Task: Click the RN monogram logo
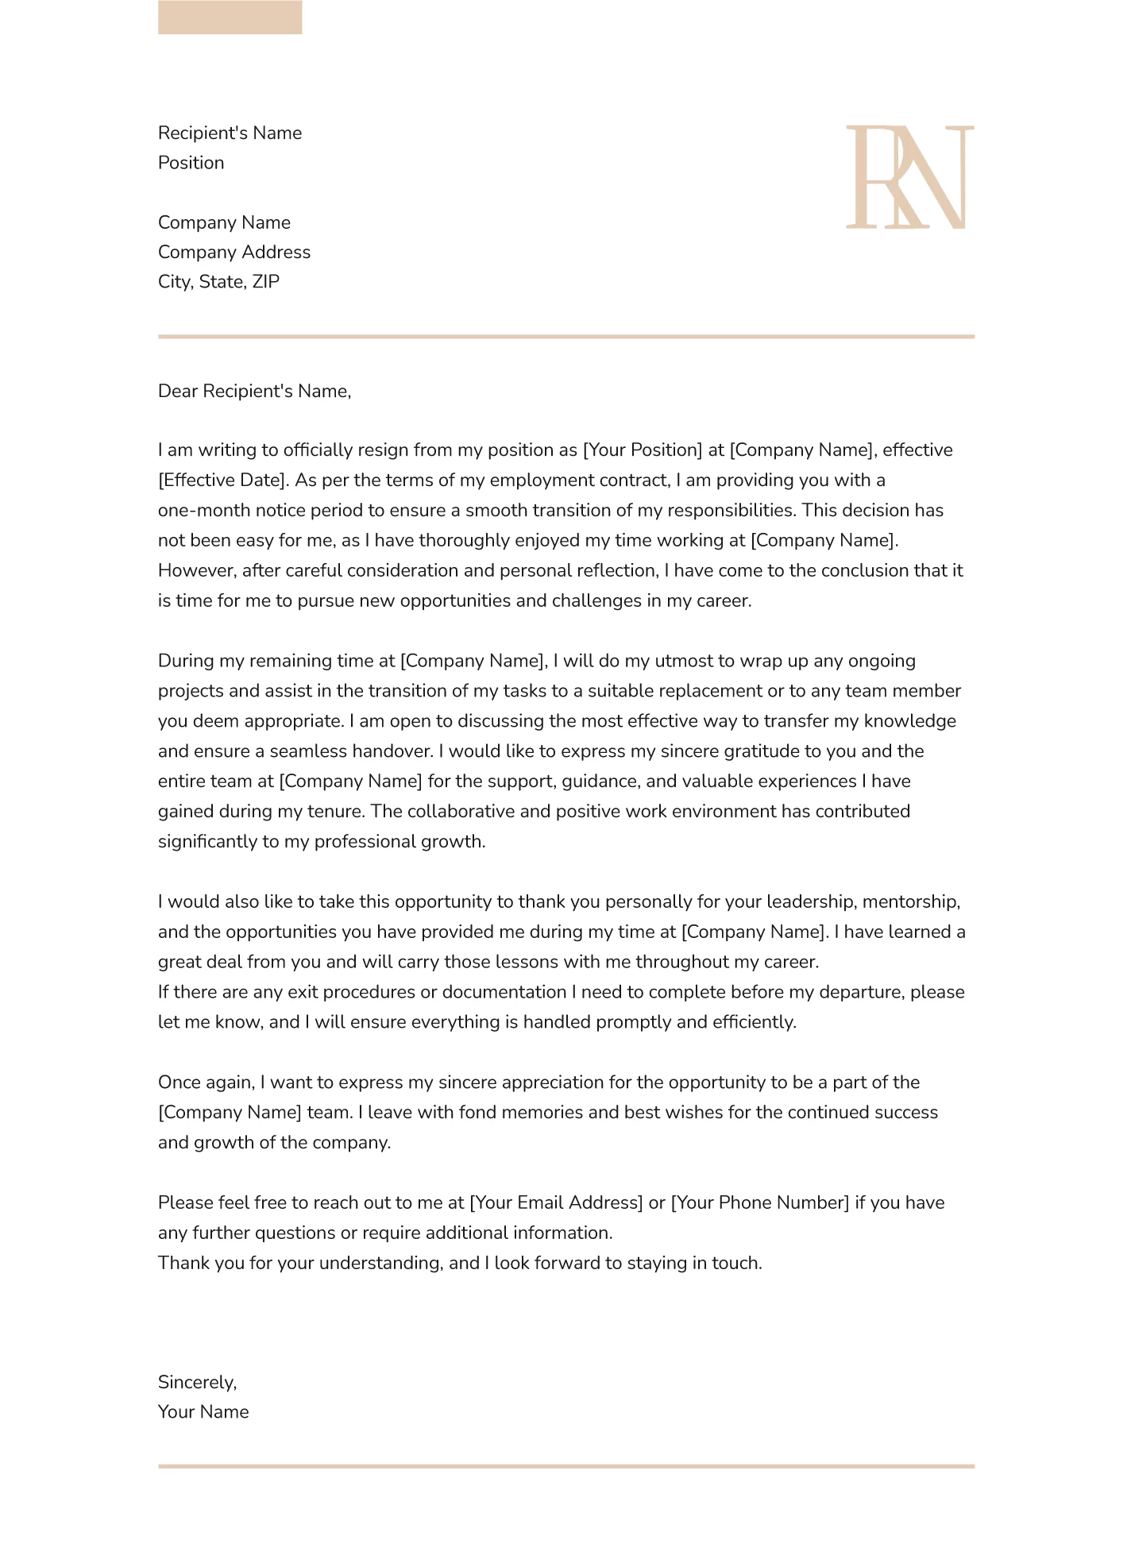[x=909, y=177]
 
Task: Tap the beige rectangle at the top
[x=230, y=17]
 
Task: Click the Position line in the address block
[x=191, y=163]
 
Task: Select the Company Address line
[x=234, y=252]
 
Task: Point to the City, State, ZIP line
[x=218, y=282]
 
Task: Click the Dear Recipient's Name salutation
[x=254, y=391]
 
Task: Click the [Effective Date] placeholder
[x=223, y=480]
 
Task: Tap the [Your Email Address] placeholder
[x=556, y=1202]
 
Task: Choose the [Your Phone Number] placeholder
[x=760, y=1202]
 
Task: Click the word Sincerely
[x=197, y=1383]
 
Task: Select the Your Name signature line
[x=203, y=1412]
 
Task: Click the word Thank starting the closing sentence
[x=182, y=1263]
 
